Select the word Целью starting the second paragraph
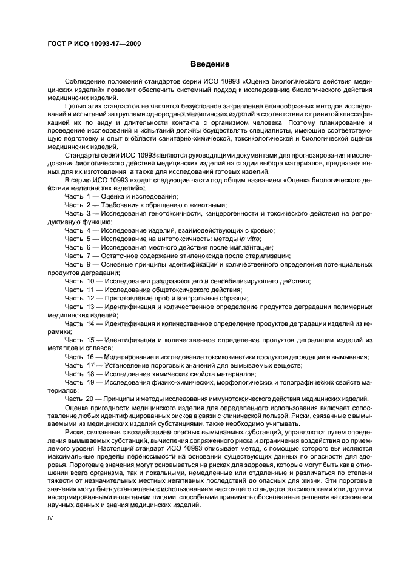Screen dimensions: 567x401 coord(75,106)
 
